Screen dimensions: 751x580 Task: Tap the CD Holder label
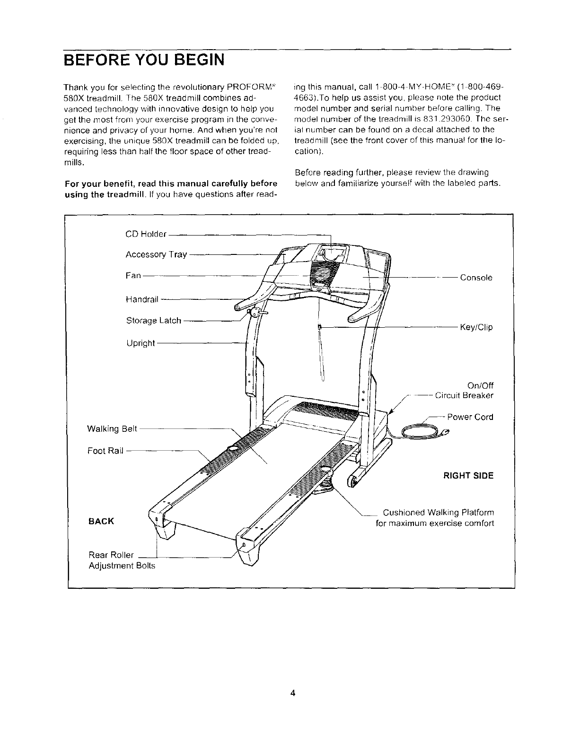tap(146, 235)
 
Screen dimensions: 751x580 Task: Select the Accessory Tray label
tap(156, 255)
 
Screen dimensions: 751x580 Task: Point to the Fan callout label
tap(133, 275)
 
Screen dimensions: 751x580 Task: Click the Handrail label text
tap(143, 299)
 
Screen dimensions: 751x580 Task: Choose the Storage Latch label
tap(154, 321)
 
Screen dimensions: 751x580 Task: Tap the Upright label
tap(141, 343)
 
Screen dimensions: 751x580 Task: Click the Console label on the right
tap(476, 278)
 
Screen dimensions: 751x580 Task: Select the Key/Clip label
tap(476, 327)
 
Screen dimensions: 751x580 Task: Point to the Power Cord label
tap(470, 417)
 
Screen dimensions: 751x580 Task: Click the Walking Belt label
tap(112, 429)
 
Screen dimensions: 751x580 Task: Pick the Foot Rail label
tap(105, 451)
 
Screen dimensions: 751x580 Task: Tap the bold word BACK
tap(101, 521)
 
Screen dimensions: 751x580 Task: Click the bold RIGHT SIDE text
tap(468, 476)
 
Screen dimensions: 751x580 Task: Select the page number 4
tap(293, 694)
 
